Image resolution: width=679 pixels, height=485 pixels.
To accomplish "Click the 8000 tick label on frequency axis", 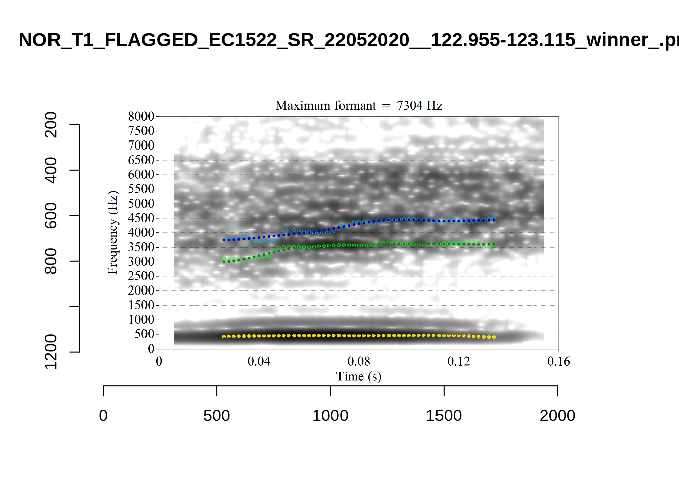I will [x=141, y=116].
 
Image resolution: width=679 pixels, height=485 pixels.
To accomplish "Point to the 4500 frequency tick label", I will [x=141, y=218].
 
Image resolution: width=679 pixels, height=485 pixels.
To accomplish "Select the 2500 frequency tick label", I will [x=141, y=276].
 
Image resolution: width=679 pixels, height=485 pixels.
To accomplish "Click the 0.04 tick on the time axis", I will [x=259, y=361].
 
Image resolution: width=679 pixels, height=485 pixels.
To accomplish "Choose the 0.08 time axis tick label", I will [x=359, y=361].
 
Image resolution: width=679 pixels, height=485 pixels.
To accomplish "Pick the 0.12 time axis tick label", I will [x=459, y=361].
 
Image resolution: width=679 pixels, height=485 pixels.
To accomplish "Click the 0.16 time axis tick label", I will [x=558, y=361].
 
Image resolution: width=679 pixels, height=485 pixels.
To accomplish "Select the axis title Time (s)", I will [x=359, y=376].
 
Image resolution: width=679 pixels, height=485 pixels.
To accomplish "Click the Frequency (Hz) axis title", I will [x=112, y=232].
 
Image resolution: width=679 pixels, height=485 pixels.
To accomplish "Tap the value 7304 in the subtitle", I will [x=409, y=105].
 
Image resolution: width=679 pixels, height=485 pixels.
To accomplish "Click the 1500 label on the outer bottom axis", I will [x=444, y=416].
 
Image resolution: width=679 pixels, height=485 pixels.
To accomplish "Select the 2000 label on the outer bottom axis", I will [x=557, y=416].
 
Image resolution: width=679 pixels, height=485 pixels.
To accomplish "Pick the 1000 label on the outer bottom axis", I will [x=330, y=416].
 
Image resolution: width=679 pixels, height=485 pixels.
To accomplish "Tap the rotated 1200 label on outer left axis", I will [x=51, y=352].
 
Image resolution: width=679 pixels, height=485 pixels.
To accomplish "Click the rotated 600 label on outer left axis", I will [x=51, y=216].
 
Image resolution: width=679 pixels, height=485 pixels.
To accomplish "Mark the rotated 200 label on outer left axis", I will [x=51, y=125].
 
